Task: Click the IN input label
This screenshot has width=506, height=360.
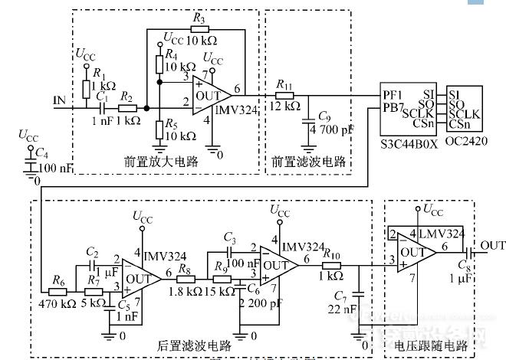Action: [58, 100]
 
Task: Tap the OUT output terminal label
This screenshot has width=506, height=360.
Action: [493, 245]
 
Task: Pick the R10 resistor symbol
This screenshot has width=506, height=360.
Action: [332, 265]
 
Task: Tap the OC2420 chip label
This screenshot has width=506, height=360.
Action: [465, 142]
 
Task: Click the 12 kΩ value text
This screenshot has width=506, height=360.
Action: [286, 106]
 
